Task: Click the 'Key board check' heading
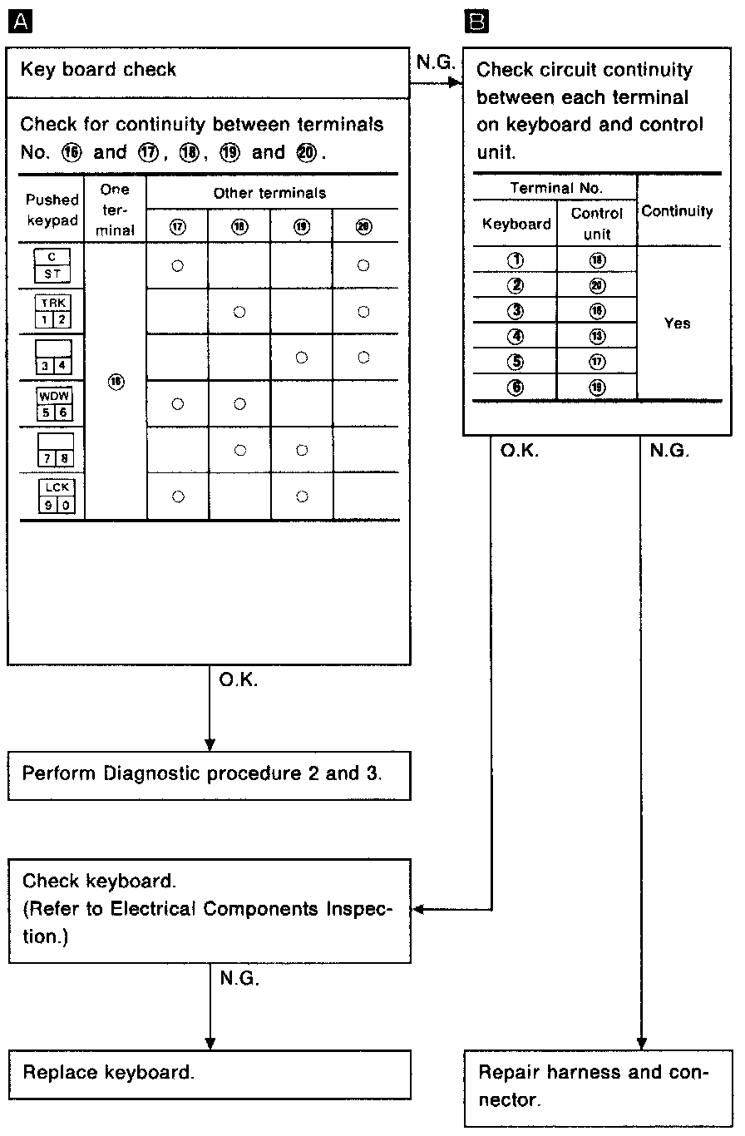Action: (98, 69)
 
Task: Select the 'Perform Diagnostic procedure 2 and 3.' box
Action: (209, 774)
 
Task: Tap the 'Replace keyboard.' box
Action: (209, 1073)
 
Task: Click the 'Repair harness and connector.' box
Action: (593, 1086)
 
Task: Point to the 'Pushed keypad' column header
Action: (52, 209)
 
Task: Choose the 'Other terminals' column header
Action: (270, 193)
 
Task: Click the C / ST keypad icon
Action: (52, 266)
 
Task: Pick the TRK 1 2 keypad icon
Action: (52, 312)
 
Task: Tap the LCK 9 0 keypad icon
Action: (52, 496)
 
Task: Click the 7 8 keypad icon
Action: (52, 450)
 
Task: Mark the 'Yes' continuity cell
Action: (678, 324)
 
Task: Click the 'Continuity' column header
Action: (677, 211)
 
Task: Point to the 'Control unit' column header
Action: (596, 224)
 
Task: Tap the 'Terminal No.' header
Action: (555, 188)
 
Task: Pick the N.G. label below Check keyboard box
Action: (239, 980)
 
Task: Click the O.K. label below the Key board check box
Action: (239, 680)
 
